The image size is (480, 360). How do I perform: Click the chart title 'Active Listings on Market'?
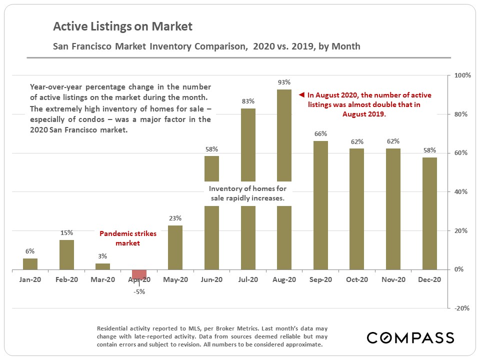click(x=122, y=26)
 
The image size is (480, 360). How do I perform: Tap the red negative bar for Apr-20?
click(x=139, y=274)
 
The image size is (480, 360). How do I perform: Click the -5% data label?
click(x=139, y=291)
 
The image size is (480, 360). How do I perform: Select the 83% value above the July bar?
click(x=248, y=101)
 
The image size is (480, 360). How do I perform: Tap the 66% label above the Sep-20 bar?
click(x=320, y=134)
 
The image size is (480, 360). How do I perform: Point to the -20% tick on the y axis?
click(x=461, y=308)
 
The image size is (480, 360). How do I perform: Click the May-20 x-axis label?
click(x=175, y=280)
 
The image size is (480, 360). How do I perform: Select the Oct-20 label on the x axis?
click(x=357, y=280)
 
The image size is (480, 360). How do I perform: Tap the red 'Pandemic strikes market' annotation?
click(x=128, y=238)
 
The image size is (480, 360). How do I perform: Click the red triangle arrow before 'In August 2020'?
click(x=301, y=94)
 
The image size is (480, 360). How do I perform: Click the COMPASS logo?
click(x=410, y=337)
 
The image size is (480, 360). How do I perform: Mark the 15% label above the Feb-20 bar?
click(x=66, y=233)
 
